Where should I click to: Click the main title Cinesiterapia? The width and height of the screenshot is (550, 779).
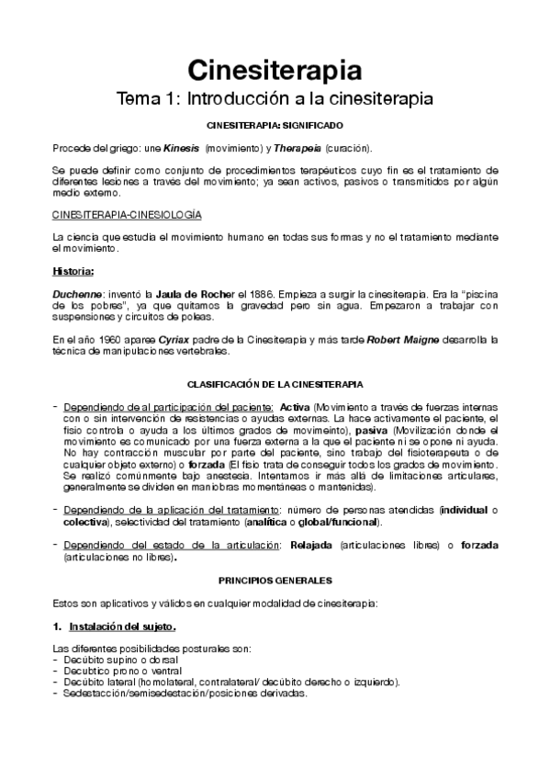275,70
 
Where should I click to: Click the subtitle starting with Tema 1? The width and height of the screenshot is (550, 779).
275,97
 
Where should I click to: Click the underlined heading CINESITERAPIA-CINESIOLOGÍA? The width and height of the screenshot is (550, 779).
128,215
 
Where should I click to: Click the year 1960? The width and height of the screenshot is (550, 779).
107,339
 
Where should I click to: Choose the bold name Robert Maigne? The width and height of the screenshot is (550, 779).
401,339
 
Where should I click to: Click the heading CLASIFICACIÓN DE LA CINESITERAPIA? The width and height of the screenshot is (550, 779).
275,383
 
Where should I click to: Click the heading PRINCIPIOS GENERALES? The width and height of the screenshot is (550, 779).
275,581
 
